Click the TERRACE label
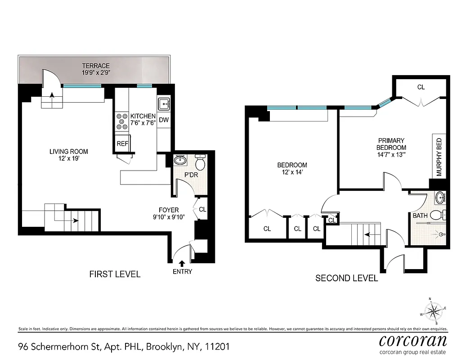(95, 66)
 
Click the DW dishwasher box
(164, 120)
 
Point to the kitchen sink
(164, 104)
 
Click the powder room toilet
(201, 163)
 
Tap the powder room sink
(181, 160)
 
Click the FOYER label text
(169, 210)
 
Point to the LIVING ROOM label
(68, 152)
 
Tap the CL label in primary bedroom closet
(421, 87)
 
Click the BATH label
(420, 216)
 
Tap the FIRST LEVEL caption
(115, 274)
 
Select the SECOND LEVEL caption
(346, 278)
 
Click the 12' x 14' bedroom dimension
(292, 172)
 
